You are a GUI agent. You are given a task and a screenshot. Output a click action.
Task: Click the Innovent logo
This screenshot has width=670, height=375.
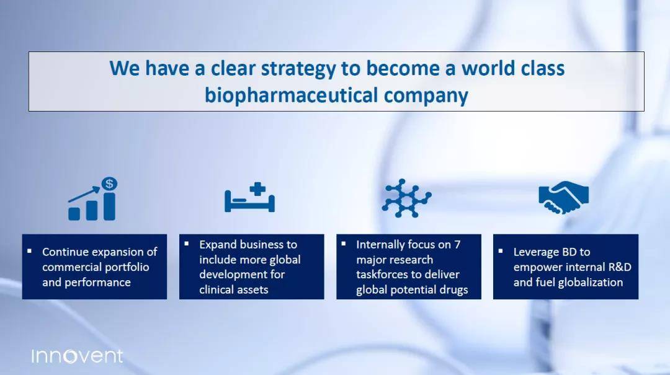point(78,356)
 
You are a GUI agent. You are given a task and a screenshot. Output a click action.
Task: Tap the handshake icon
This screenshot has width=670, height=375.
point(563,197)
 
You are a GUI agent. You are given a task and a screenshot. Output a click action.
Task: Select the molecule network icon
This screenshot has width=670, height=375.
point(406,198)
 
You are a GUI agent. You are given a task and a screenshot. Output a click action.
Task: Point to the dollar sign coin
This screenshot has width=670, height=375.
point(109,183)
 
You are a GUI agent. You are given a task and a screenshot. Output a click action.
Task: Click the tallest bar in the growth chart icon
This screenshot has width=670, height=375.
point(109,206)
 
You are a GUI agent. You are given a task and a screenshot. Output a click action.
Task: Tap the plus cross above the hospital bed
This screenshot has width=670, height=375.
point(257,189)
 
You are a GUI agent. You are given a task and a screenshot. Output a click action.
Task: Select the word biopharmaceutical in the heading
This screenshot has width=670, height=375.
point(292,95)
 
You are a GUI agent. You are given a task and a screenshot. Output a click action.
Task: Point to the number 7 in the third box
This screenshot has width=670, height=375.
point(457,244)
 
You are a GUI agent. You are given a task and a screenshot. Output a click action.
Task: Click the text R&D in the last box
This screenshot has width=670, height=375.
point(620,267)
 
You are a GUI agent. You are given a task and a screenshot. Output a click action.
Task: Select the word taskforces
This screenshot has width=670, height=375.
point(380,274)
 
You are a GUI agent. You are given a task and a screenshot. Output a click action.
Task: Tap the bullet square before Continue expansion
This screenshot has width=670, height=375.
point(30,250)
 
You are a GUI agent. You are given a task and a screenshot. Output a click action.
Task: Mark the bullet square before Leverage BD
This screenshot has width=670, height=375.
point(501,250)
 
